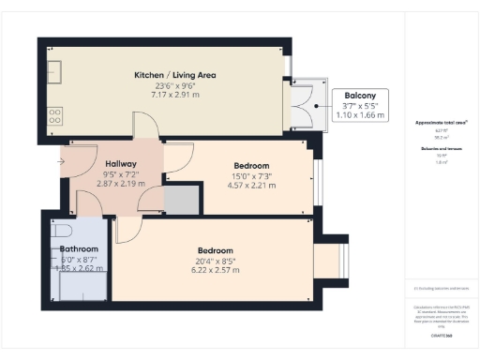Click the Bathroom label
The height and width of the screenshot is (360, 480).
(72, 248)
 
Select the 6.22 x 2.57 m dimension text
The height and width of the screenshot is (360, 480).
(215, 270)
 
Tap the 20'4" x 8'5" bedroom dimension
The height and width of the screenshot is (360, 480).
(215, 260)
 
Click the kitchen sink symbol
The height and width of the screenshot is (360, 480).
(55, 69)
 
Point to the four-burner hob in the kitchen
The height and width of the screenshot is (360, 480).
(55, 116)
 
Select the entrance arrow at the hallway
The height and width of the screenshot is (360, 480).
(62, 161)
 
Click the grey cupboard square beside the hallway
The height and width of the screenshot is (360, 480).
(183, 199)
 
